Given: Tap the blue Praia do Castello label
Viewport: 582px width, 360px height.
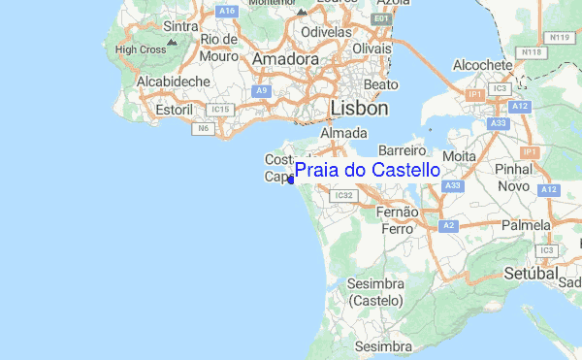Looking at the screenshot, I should point(367,171).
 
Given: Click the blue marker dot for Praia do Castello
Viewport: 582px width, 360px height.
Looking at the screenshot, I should point(292,180).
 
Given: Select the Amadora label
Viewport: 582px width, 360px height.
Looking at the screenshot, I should point(285,59).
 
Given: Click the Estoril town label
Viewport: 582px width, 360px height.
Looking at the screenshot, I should point(175,110).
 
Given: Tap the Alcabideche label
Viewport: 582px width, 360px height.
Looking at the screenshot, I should point(174,82).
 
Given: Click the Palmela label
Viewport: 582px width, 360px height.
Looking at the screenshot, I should point(526,225).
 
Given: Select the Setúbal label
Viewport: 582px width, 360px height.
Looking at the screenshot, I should point(529,275).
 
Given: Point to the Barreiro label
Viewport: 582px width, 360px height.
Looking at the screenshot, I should point(403,151).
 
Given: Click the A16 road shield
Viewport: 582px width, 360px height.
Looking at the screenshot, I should point(227,11).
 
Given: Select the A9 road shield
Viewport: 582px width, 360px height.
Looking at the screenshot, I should point(261,90).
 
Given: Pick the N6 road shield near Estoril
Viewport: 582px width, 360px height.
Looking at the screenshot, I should point(204,127).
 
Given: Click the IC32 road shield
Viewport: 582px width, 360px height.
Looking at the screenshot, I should point(341,195).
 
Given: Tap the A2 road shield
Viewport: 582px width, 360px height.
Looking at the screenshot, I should point(447,225).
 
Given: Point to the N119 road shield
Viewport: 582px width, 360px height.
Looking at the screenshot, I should point(560,37).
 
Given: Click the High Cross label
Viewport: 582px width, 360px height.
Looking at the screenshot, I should point(140,49).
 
